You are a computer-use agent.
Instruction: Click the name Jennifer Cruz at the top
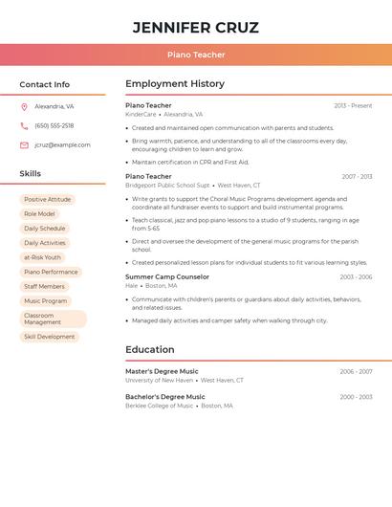coord(196,28)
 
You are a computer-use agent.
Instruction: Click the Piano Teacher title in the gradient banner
coord(196,55)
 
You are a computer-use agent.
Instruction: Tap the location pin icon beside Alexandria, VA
coord(24,107)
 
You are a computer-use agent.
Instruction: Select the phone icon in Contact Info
coord(24,126)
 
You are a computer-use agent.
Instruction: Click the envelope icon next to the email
coord(24,145)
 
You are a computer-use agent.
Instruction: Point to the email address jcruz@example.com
coord(62,145)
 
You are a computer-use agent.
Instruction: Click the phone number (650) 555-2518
coord(54,126)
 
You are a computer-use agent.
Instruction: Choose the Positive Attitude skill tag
coord(48,200)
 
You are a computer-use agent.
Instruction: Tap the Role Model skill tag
coord(39,214)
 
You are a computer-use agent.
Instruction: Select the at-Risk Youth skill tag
coord(42,257)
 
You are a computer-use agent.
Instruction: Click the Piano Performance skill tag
coord(51,273)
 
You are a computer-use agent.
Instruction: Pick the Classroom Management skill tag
coord(53,319)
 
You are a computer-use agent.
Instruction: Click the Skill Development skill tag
coord(49,337)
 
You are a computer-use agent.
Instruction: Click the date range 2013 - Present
coord(353,106)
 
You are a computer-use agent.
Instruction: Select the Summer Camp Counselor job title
coord(167,276)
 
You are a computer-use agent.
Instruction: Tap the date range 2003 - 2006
coord(356,277)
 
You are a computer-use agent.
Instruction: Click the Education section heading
coord(150,350)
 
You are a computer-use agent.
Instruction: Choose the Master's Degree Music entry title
coord(162,371)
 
